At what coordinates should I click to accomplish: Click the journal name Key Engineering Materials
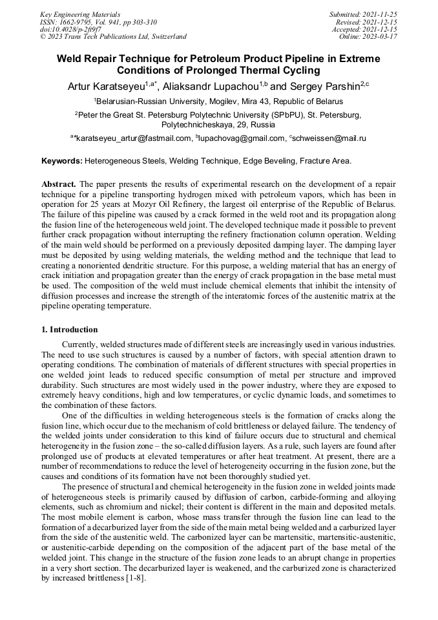[80, 14]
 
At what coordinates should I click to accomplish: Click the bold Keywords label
[62, 160]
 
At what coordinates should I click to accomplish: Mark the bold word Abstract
[59, 184]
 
